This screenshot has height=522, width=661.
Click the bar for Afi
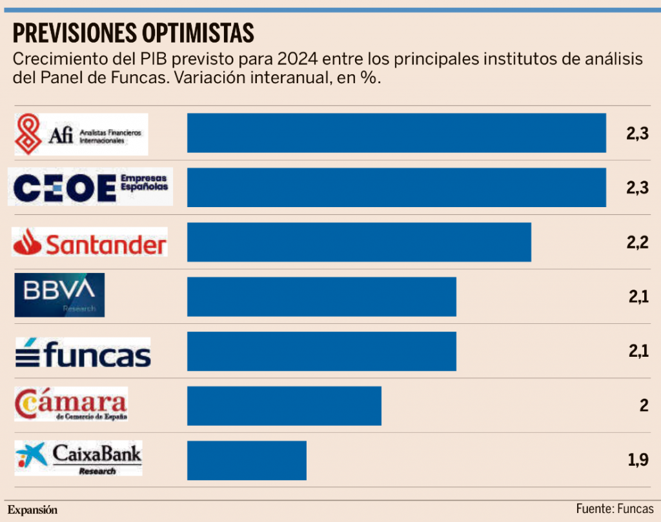[x=396, y=133]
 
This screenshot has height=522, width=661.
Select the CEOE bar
[x=396, y=187]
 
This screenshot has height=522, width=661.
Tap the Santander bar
[x=359, y=242]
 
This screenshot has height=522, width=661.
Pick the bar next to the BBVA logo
[x=321, y=297]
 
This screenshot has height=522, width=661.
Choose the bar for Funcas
[x=321, y=351]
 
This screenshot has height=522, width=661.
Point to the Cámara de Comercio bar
[x=284, y=406]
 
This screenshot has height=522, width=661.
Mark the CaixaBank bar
[x=247, y=461]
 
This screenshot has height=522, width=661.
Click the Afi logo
[x=81, y=134]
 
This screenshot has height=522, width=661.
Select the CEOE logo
[x=90, y=187]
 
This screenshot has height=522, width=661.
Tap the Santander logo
[x=90, y=243]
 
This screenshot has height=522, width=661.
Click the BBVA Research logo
[x=59, y=295]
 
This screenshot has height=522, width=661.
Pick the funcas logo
[x=83, y=352]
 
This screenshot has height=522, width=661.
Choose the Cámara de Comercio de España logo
[x=71, y=405]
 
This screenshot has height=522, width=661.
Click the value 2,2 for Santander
[x=636, y=243]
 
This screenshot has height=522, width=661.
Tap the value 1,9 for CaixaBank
[x=636, y=461]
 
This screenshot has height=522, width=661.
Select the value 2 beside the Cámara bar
[x=643, y=406]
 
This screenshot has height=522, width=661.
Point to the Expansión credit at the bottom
[x=32, y=509]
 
